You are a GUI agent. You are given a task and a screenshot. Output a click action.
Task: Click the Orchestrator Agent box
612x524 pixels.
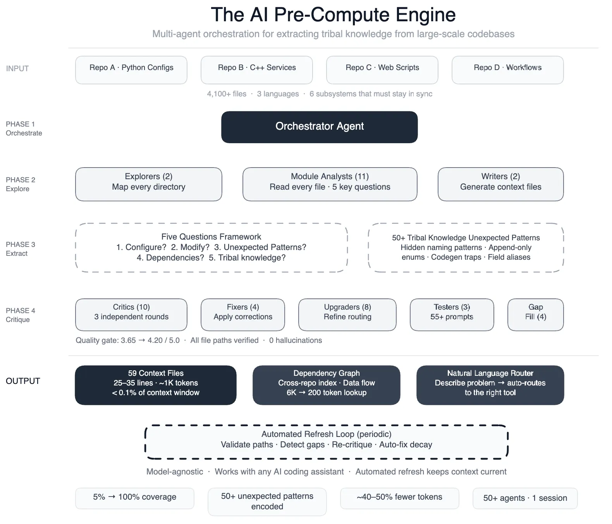point(319,127)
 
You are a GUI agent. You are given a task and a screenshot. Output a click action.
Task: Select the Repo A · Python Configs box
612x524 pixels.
point(131,70)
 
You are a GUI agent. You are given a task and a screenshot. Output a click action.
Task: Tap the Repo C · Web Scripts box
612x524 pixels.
point(382,70)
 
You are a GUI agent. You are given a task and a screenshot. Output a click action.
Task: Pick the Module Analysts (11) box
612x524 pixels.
point(330,184)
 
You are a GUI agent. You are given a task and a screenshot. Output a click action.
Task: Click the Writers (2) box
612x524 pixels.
point(500,184)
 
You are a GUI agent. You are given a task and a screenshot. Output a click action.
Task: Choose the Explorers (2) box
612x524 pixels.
point(148,184)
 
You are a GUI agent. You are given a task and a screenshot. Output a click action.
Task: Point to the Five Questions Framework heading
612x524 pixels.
point(211,236)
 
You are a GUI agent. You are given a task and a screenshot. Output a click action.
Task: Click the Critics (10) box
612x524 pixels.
point(131,314)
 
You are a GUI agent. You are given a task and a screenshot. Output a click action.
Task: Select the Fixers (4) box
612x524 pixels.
point(243,314)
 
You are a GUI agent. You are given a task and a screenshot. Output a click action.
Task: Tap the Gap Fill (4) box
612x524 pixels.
point(535,314)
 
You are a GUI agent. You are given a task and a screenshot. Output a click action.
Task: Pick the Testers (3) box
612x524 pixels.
point(452,314)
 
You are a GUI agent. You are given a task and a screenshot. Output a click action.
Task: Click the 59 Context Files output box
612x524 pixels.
point(155,385)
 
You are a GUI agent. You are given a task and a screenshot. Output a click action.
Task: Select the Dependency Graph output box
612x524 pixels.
point(326,385)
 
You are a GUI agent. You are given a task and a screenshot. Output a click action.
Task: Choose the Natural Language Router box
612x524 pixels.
point(490,385)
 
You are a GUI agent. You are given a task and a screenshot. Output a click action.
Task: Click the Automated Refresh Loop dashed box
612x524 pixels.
point(326,442)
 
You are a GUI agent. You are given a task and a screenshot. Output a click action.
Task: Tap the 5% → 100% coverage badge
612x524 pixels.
point(134,498)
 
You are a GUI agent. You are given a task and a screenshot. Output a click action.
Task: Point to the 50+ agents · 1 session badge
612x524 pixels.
point(525,498)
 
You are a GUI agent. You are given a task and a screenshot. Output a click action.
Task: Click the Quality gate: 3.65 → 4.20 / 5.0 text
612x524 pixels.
point(127,340)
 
